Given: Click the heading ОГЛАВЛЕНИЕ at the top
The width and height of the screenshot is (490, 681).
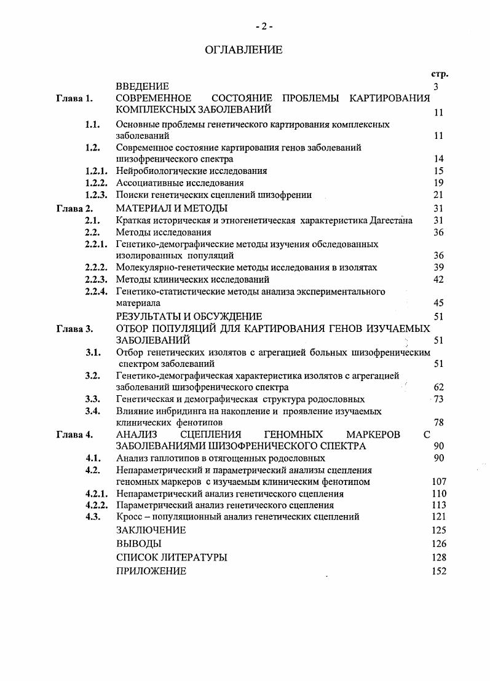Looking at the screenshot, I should [244, 50].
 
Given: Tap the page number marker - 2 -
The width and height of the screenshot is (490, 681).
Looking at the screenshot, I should [264, 26].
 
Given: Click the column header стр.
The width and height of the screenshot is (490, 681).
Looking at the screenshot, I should [440, 74].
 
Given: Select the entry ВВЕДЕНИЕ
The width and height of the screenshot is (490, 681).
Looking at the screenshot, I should [142, 87].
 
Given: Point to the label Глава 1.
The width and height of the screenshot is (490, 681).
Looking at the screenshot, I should [74, 98].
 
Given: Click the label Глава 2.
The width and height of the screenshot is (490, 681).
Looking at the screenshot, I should [74, 208].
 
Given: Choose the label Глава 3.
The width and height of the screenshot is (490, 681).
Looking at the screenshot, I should [74, 328].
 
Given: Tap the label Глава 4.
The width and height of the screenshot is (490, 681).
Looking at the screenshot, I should [74, 435].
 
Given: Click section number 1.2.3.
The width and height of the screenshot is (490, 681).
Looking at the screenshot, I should [97, 195].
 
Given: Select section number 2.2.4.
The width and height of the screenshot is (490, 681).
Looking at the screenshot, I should [97, 291].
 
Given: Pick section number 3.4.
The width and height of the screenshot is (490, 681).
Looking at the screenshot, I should [93, 411].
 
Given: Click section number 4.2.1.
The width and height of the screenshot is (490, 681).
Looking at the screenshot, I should [97, 494].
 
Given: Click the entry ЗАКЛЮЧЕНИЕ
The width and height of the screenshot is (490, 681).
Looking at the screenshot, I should [151, 530].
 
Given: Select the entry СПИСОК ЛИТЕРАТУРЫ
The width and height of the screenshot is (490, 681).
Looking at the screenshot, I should [172, 557].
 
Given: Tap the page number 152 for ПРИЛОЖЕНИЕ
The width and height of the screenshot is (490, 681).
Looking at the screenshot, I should [439, 571].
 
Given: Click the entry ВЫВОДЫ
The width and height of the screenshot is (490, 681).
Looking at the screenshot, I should [138, 544].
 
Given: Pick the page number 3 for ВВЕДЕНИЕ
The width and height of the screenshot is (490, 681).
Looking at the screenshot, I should [435, 87].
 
